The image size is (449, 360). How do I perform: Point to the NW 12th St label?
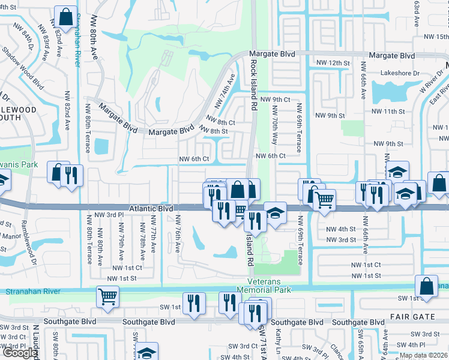pyautogui.click(x=333, y=63)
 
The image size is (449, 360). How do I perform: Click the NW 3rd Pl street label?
pyautogui.click(x=109, y=214)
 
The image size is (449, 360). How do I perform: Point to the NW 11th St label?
pyautogui.click(x=388, y=112)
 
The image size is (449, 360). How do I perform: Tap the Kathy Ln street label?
pyautogui.click(x=279, y=340)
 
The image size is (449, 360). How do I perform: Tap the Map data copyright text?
pyautogui.click(x=423, y=355)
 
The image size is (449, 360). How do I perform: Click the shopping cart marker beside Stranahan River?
pyautogui.click(x=107, y=295)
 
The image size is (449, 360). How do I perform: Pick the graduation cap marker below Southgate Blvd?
pyautogui.click(x=146, y=352)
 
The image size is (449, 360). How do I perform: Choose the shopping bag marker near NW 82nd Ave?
pyautogui.click(x=65, y=16)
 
